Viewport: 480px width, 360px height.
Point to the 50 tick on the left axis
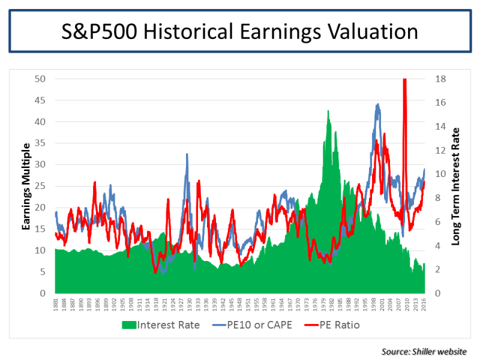coord(40,79)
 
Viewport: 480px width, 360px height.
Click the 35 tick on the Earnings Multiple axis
coord(40,143)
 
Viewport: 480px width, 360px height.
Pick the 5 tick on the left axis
coord(43,272)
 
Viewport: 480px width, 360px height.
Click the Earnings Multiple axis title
coord(27,186)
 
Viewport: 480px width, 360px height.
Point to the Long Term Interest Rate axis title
coord(455,186)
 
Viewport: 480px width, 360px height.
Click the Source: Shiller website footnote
coord(422,351)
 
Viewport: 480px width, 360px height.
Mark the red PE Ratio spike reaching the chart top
coord(404,81)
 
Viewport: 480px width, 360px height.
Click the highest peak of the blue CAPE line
coord(377,104)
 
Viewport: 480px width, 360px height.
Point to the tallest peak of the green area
coord(328,111)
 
